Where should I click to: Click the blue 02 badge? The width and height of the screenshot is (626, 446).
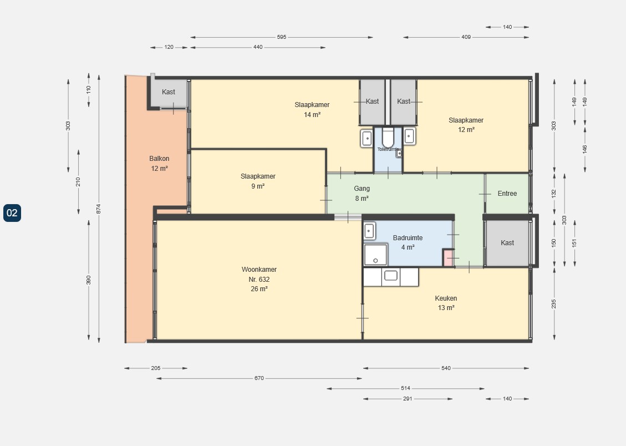[x=12, y=213]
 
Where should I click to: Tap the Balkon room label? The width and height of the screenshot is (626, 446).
[x=159, y=163]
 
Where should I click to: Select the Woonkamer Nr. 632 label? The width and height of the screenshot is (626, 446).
[x=259, y=279]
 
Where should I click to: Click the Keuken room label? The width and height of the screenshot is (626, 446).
[x=446, y=303]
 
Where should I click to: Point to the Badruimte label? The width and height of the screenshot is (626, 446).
[x=408, y=242]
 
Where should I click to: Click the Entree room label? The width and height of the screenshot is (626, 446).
[x=507, y=194]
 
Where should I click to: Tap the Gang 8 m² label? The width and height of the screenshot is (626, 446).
[x=362, y=193]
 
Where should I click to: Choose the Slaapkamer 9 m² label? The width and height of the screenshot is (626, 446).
[x=258, y=181]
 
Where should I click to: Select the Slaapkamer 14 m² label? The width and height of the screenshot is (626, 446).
[x=312, y=109]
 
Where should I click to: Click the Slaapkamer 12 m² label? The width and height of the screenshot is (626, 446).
[x=466, y=125]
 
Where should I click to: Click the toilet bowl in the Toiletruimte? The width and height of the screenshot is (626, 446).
[x=388, y=138]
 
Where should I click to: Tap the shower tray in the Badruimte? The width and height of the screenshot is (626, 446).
[x=376, y=255]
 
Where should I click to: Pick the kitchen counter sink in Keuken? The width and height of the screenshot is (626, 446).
[x=390, y=276]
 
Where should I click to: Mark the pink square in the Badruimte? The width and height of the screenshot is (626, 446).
[x=447, y=257]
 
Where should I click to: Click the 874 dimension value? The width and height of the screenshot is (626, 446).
[x=99, y=209]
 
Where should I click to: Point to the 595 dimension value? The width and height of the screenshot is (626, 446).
[x=282, y=37]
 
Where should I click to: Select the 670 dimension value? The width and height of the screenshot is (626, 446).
[x=259, y=378]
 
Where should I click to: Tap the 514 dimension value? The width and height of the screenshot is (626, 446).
[x=406, y=388]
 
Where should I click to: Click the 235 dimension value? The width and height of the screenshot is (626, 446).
[x=554, y=304]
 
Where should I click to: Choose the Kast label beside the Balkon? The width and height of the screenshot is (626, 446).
[x=169, y=92]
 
